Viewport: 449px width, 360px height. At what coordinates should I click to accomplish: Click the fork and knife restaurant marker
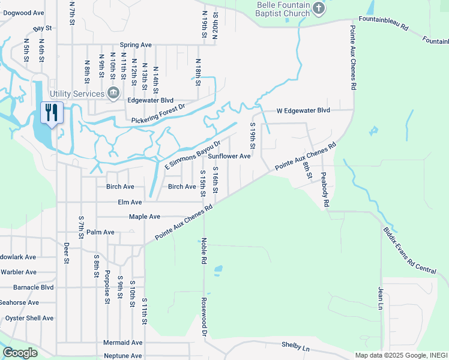click(50, 112)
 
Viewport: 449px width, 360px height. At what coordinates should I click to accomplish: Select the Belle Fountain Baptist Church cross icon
click(319, 8)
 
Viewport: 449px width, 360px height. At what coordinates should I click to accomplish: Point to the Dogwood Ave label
click(22, 13)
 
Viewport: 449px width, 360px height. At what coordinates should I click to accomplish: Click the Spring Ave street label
click(136, 45)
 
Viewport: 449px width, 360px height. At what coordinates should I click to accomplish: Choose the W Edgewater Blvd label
click(303, 110)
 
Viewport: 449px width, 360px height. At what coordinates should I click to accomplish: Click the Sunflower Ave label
click(229, 156)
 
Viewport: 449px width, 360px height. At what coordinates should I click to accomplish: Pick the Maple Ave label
click(145, 217)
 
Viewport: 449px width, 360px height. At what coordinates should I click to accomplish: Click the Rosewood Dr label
click(204, 317)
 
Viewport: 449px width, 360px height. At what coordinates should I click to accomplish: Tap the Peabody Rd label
click(325, 191)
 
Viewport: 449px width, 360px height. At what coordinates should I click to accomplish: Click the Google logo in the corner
click(20, 353)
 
